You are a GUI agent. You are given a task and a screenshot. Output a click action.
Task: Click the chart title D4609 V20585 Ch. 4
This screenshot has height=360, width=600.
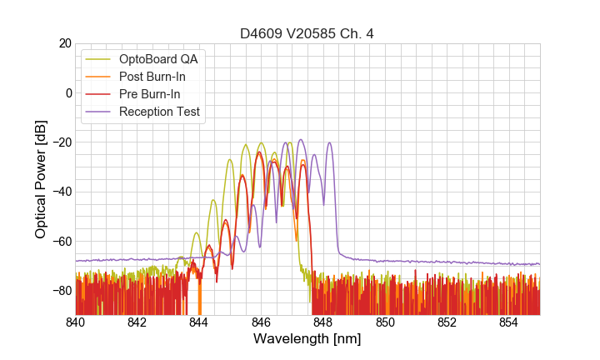click(x=307, y=33)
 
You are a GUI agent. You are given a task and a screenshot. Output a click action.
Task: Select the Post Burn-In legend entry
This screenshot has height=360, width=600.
click(x=153, y=77)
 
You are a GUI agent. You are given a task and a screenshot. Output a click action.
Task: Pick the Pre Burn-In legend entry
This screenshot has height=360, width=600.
click(x=150, y=94)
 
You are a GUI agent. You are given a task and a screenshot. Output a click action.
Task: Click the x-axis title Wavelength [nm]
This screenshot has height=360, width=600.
click(x=307, y=339)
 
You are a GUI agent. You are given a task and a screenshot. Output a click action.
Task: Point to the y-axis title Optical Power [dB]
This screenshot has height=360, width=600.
click(x=41, y=179)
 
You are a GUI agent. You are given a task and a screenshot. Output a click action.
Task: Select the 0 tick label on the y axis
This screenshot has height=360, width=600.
click(x=68, y=92)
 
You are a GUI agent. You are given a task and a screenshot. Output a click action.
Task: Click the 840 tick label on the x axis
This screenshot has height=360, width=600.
click(x=76, y=322)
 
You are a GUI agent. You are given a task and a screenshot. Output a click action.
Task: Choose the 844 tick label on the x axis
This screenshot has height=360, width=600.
click(x=199, y=322)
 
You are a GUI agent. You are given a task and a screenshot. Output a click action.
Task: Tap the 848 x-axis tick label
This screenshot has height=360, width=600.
click(x=323, y=322)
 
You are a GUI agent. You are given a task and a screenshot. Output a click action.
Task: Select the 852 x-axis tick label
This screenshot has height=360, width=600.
click(x=447, y=322)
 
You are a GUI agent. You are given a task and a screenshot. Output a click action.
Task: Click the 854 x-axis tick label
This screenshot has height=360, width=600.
click(x=508, y=322)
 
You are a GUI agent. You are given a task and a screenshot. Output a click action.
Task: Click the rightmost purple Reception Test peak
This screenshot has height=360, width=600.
click(x=329, y=142)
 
